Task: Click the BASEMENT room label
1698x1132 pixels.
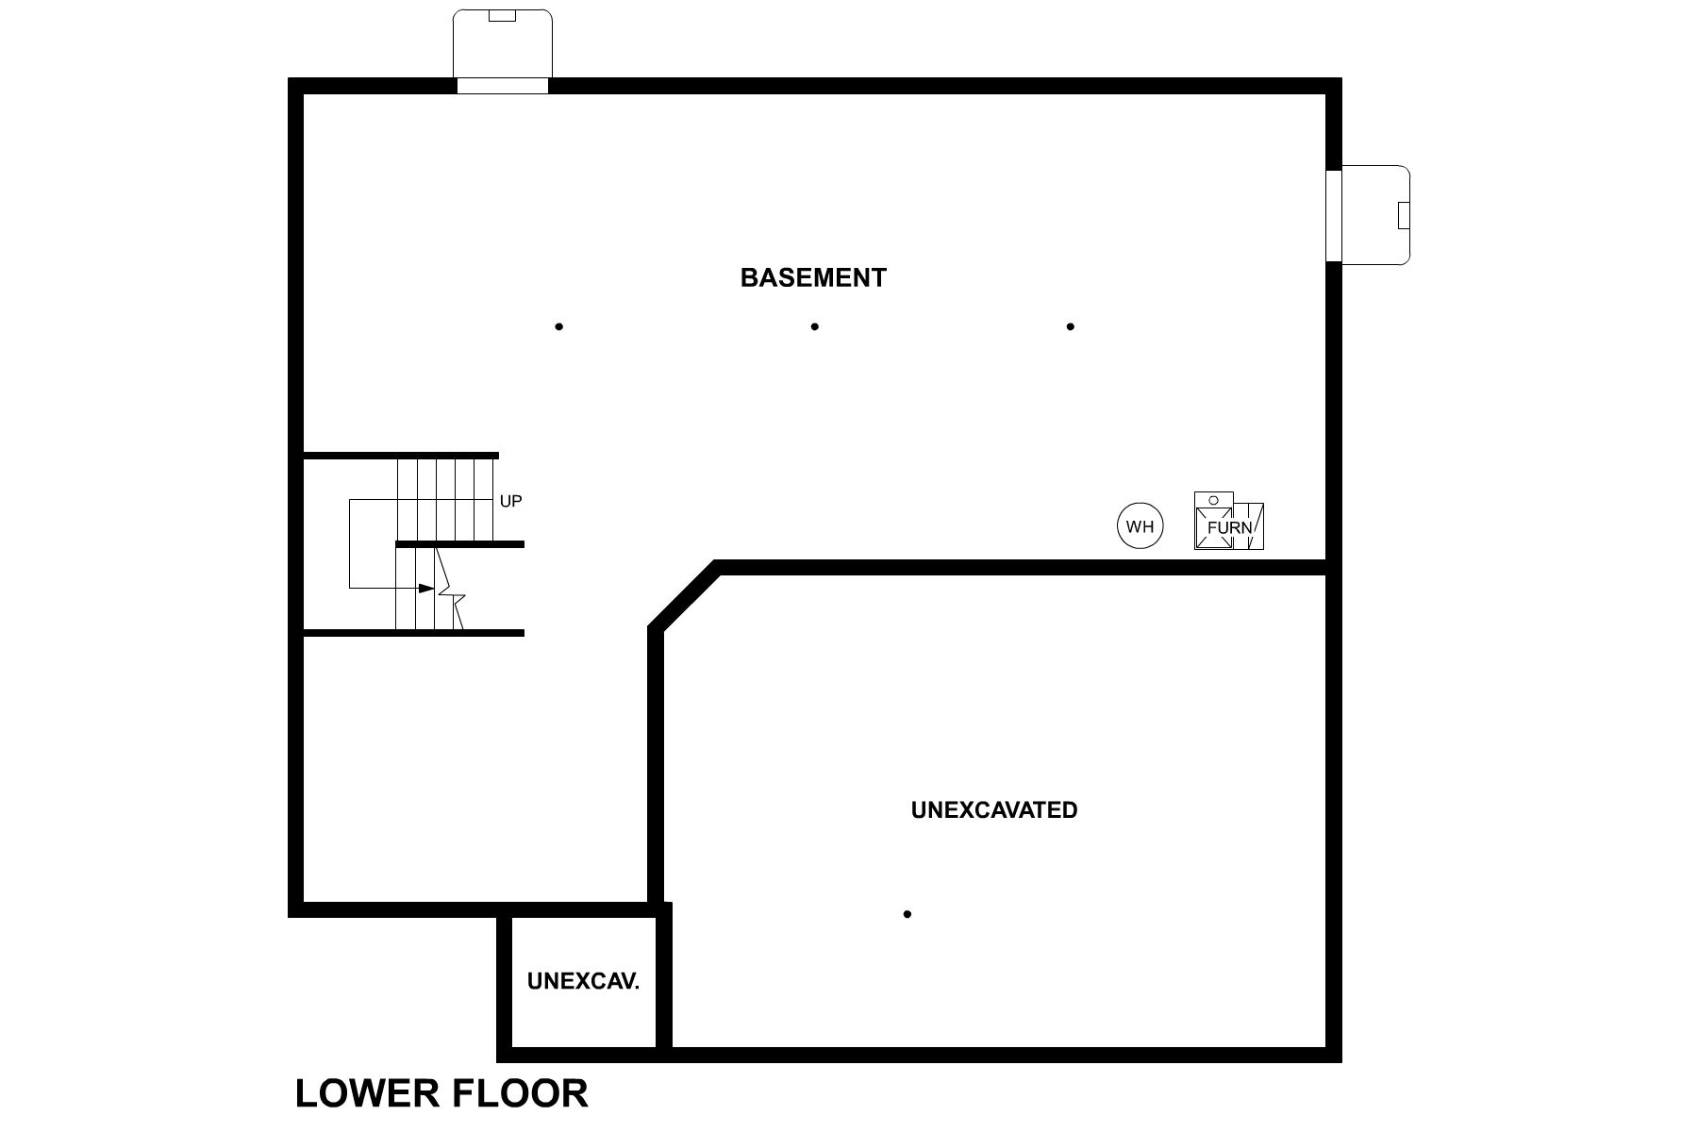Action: (x=813, y=277)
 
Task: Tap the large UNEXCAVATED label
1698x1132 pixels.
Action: (x=994, y=809)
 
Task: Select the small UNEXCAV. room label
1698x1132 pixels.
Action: (x=583, y=981)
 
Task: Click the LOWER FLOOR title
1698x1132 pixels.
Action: (x=441, y=1093)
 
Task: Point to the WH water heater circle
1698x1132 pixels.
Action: (x=1140, y=526)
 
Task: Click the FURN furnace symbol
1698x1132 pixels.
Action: (x=1228, y=526)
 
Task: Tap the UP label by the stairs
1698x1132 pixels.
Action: (x=510, y=501)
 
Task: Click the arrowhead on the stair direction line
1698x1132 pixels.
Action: (x=426, y=588)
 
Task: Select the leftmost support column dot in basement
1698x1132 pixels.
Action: (x=559, y=326)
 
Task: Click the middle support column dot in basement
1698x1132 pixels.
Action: (x=814, y=326)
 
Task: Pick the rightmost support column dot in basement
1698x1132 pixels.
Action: (x=1070, y=326)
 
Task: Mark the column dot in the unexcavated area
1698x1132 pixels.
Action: (x=907, y=913)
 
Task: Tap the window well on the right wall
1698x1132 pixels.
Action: (x=1375, y=215)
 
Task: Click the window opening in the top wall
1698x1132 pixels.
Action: (x=503, y=86)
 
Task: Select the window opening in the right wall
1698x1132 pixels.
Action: (x=1333, y=215)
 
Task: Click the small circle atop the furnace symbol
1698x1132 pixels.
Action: (x=1213, y=499)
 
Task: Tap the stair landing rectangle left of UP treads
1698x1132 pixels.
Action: (x=373, y=543)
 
